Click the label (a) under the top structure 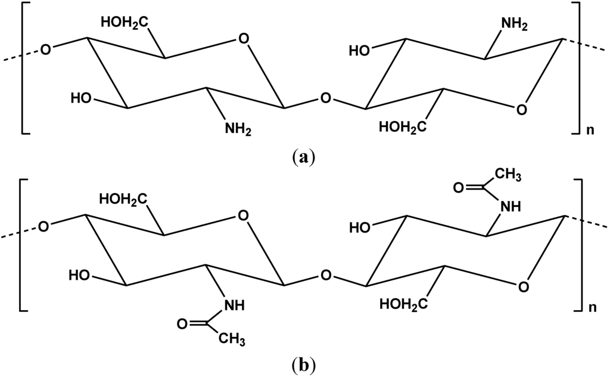[304, 157]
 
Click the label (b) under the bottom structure [304, 362]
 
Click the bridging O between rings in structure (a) [325, 97]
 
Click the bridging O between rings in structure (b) [325, 276]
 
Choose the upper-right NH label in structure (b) [510, 206]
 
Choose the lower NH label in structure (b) [233, 305]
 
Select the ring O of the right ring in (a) [521, 110]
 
